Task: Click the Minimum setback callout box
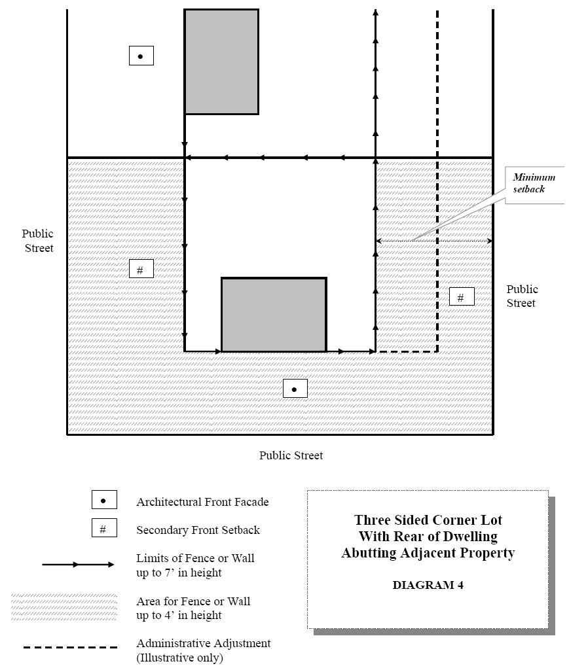tap(534, 184)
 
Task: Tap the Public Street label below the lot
tap(291, 455)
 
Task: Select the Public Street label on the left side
tap(37, 241)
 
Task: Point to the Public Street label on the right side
tap(521, 296)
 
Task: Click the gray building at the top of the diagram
tap(221, 62)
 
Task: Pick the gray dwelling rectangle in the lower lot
tap(274, 315)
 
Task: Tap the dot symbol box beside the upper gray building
tap(141, 56)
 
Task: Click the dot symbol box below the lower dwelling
tap(295, 389)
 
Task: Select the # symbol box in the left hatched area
tap(141, 268)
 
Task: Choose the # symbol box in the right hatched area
tap(461, 297)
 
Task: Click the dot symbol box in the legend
tap(103, 501)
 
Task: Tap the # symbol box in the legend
tap(103, 529)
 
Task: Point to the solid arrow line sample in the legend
tap(79, 564)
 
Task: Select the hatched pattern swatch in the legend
tap(64, 607)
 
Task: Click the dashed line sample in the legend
tap(71, 648)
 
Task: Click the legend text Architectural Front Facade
tap(202, 502)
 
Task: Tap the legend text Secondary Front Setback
tap(198, 530)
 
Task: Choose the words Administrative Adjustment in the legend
tap(203, 643)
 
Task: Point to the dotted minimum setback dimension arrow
tap(434, 241)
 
